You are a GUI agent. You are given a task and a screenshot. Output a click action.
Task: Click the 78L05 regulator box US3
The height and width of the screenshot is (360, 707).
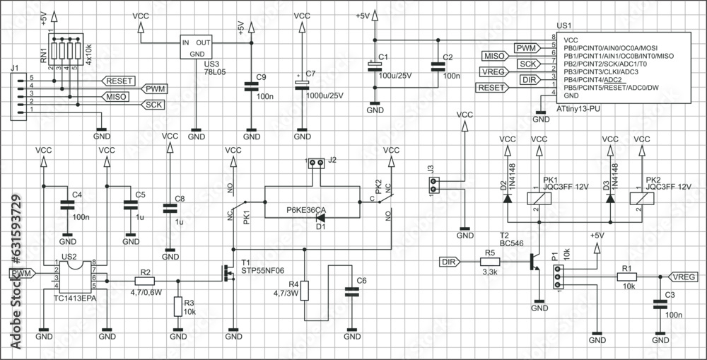(197, 47)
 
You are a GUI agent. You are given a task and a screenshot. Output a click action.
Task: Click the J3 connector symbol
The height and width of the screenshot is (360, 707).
(433, 186)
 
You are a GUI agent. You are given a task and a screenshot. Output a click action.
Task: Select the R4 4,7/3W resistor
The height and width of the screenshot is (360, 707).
(305, 291)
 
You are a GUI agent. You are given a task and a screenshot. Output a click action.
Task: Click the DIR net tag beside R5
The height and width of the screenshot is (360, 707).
(448, 262)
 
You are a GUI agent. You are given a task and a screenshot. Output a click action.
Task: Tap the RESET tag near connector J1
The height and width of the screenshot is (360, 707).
(117, 80)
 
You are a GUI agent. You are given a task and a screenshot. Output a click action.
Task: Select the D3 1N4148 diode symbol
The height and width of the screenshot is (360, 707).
(610, 198)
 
